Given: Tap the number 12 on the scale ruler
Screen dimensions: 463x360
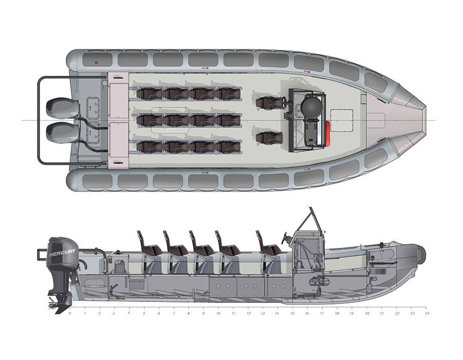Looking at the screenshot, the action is pyautogui.click(x=248, y=313).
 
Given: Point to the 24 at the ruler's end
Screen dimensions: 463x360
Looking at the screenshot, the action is pyautogui.click(x=427, y=313).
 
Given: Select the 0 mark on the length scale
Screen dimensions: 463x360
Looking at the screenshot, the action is pyautogui.click(x=70, y=313).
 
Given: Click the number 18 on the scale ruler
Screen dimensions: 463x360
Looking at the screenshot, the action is pyautogui.click(x=337, y=313).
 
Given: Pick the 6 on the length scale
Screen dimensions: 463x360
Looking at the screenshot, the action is pyautogui.click(x=159, y=313).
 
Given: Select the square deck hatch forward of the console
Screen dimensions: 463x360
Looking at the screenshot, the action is pyautogui.click(x=342, y=120).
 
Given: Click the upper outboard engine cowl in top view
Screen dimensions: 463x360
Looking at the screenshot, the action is pyautogui.click(x=63, y=107).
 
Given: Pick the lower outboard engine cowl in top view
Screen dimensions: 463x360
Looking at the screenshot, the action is pyautogui.click(x=63, y=133).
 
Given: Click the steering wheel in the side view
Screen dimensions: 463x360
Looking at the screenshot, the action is pyautogui.click(x=285, y=238).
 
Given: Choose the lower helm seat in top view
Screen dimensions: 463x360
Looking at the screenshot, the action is pyautogui.click(x=268, y=138).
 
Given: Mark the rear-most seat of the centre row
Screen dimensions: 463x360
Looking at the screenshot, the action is pyautogui.click(x=150, y=120).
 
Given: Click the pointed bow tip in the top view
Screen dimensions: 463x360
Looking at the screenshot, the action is pyautogui.click(x=426, y=120).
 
